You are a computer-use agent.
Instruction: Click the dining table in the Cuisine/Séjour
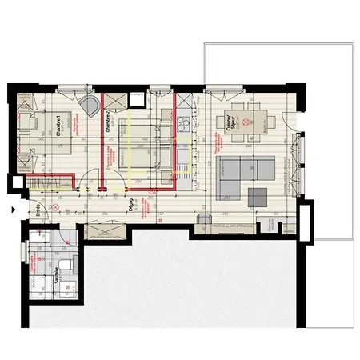247,121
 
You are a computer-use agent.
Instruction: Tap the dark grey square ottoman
260,196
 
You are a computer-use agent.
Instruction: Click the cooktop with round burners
182,125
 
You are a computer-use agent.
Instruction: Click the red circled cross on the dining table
247,122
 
